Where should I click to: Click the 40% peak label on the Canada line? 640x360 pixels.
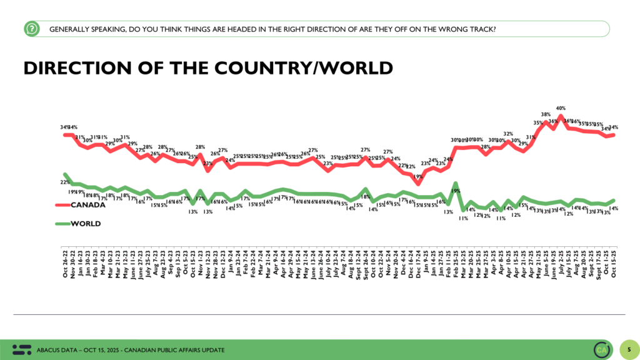[561, 107]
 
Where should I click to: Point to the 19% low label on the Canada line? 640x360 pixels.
[418, 177]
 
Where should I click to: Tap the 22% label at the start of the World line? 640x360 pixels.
[64, 182]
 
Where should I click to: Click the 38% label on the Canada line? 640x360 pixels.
[545, 114]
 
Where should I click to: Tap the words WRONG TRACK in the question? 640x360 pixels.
[466, 29]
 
